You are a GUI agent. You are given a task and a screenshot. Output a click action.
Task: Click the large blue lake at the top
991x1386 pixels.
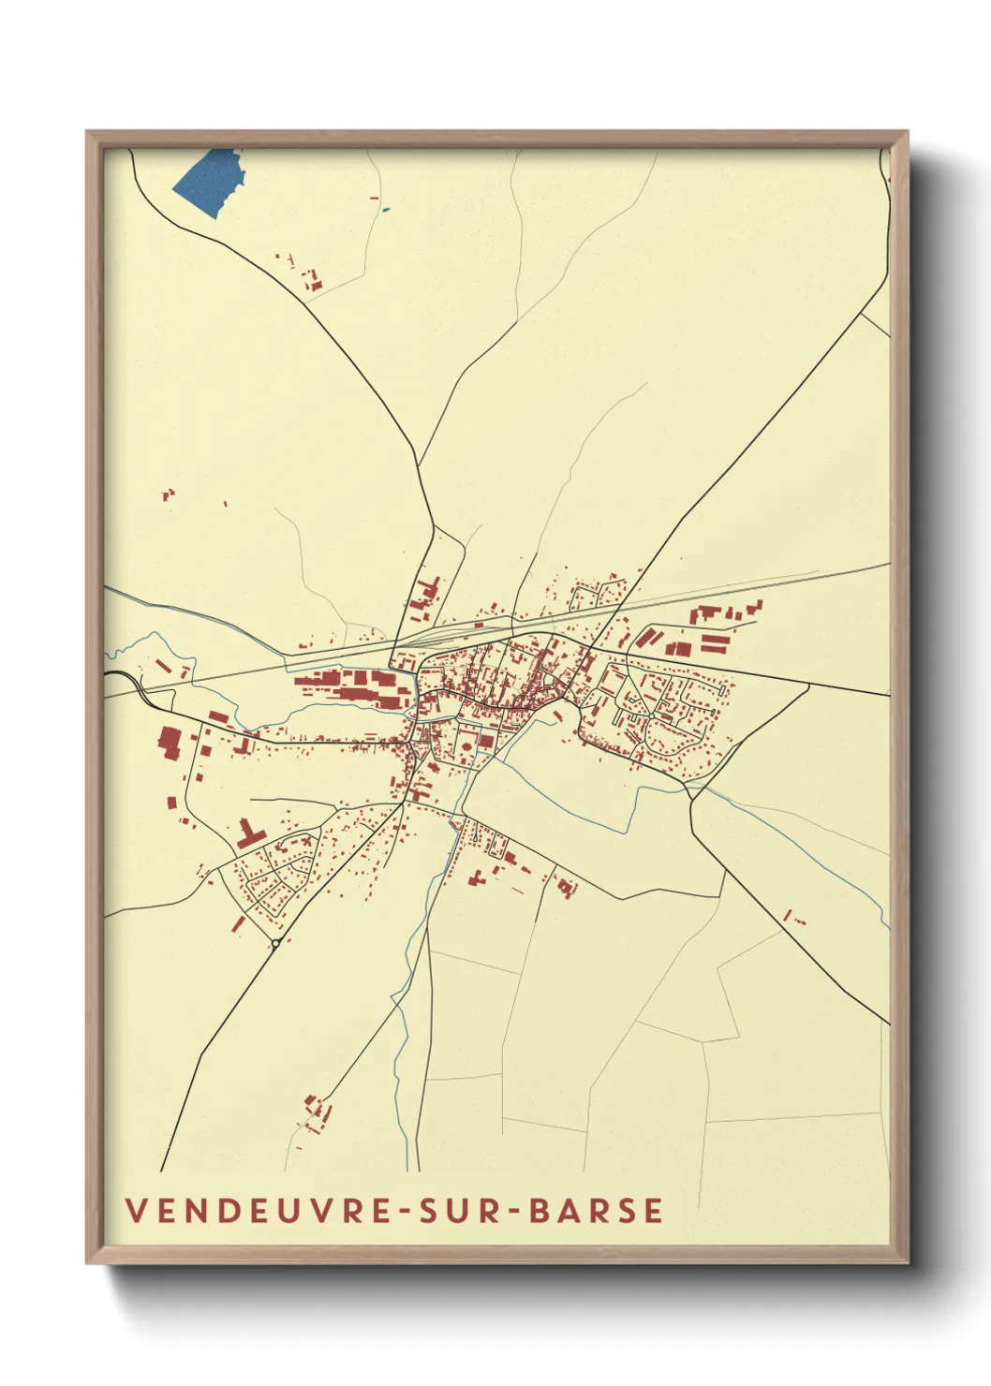coord(209,183)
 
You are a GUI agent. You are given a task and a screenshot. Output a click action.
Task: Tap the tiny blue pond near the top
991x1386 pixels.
coord(385,209)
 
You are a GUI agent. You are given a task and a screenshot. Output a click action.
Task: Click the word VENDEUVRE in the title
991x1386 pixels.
coord(259,1210)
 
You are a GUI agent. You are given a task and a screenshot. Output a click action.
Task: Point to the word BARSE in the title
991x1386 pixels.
coord(596,1210)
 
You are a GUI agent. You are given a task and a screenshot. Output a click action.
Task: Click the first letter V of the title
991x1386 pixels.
coord(135,1210)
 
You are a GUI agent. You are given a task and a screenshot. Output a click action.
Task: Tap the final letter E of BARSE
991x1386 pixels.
coord(654,1210)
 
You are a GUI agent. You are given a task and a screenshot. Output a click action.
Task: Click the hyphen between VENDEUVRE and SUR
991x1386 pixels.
coord(405,1211)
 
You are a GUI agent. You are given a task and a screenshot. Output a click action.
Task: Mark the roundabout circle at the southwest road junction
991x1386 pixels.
coord(275,943)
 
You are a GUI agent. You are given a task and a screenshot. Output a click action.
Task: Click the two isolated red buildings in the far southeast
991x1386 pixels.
coord(793,918)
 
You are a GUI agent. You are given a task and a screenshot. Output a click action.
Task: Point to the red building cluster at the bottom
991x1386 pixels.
coord(317,1112)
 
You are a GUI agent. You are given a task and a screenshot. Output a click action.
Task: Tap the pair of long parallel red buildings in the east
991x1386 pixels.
coord(714,642)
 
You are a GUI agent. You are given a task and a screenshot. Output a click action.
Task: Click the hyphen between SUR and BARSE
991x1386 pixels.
coord(511,1211)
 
